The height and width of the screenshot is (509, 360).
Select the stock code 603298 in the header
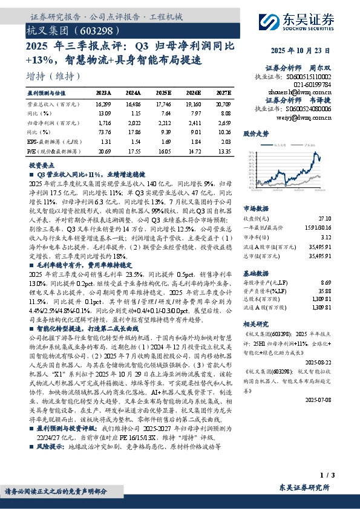94,30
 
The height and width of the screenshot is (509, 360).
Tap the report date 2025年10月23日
309,51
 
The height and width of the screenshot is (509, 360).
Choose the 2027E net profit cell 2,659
223,122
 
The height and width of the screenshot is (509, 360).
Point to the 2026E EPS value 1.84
195,140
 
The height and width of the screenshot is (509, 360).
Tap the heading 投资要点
39,164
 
